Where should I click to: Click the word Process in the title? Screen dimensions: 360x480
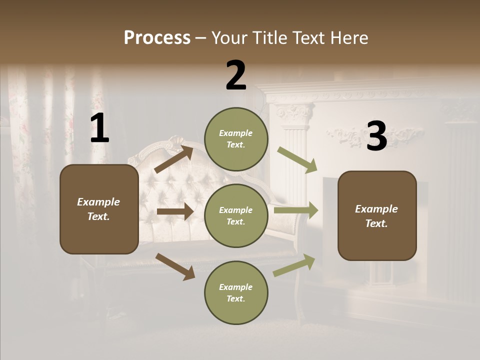(x=157, y=38)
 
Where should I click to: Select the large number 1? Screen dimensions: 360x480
(x=99, y=128)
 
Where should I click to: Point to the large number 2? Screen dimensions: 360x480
(x=236, y=75)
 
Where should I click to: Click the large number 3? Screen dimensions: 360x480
(x=376, y=136)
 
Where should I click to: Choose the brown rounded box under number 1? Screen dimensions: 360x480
(x=99, y=209)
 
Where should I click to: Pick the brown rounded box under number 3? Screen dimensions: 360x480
(x=377, y=215)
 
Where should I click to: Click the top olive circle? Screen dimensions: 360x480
(x=236, y=138)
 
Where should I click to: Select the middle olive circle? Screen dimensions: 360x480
(x=236, y=215)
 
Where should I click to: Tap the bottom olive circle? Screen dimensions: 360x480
(x=236, y=292)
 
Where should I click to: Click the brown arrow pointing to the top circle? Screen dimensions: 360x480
(x=173, y=159)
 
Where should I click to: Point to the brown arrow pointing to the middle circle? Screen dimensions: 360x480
(x=175, y=211)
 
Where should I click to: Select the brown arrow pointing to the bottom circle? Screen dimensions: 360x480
(x=175, y=266)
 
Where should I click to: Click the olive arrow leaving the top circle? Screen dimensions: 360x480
(x=297, y=160)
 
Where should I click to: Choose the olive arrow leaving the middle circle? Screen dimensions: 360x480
(x=296, y=210)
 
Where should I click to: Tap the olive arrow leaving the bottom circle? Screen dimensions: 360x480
(x=294, y=265)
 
